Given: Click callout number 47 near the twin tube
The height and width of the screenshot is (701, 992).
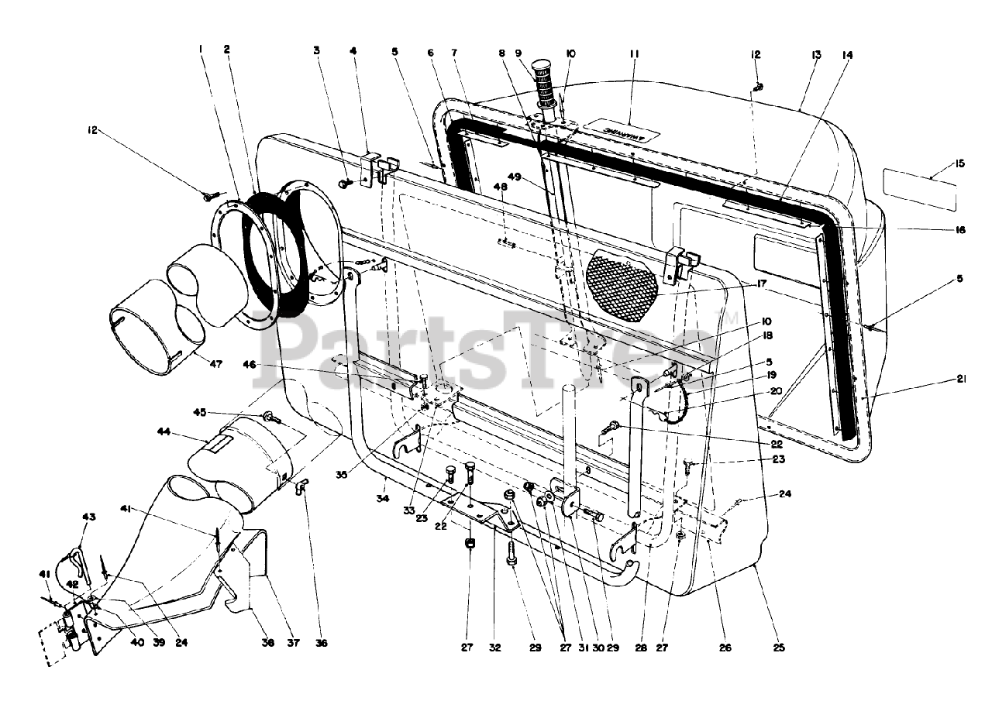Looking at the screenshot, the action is [x=215, y=363].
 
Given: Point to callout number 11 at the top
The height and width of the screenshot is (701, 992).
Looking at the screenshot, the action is [x=633, y=54].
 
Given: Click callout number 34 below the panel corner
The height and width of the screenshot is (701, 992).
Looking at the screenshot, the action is [x=383, y=498].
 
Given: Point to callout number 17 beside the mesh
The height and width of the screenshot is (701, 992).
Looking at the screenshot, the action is [x=763, y=284].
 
